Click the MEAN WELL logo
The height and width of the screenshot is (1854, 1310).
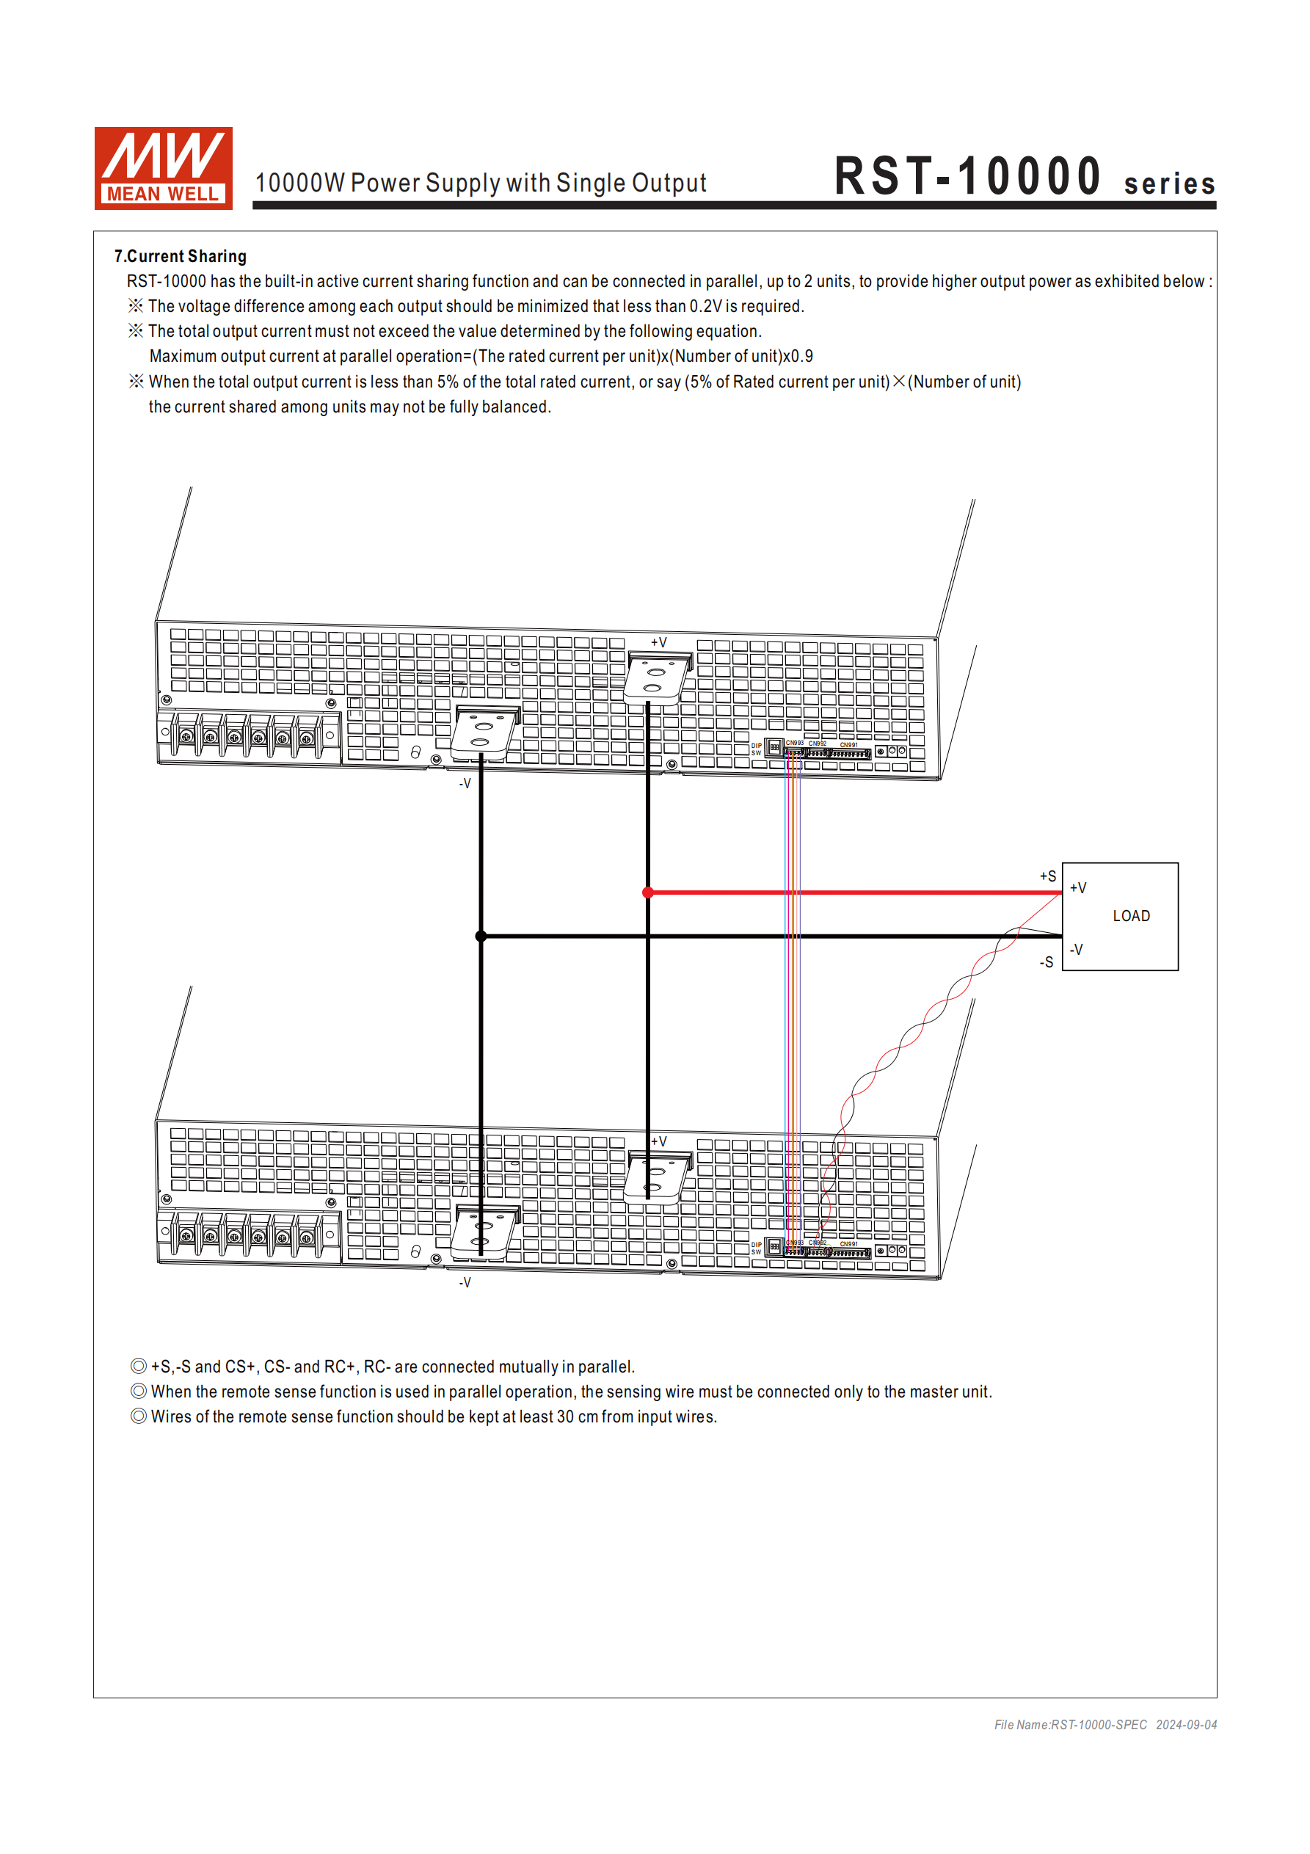click(x=163, y=168)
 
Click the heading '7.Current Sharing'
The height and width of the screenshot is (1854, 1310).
click(x=180, y=256)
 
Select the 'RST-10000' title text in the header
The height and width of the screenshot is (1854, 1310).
click(x=967, y=177)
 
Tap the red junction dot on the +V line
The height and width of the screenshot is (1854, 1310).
click(x=648, y=893)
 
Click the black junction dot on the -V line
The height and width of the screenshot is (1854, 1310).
click(x=481, y=936)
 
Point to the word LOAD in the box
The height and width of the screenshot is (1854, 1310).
click(x=1131, y=916)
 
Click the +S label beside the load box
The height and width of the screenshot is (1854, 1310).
click(x=1047, y=876)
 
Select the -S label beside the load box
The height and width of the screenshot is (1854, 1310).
click(x=1047, y=961)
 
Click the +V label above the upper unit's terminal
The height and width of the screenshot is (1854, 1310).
click(x=659, y=642)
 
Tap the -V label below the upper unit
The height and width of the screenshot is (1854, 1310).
click(x=465, y=783)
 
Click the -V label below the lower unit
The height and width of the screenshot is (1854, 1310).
click(x=465, y=1282)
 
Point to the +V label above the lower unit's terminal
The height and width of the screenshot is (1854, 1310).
click(x=659, y=1141)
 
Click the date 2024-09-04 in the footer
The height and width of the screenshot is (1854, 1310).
click(x=1186, y=1725)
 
